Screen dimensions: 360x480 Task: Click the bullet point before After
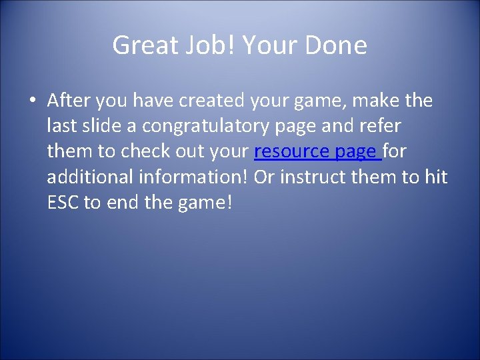(x=32, y=101)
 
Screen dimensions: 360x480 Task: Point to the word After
(x=69, y=101)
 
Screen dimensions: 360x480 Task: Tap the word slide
(x=101, y=127)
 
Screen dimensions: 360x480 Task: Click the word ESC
(x=63, y=203)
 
